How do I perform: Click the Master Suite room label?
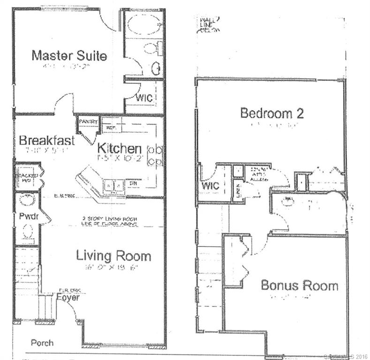pos(69,55)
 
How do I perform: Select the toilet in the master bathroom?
pos(151,49)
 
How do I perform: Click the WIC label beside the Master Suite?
pos(142,98)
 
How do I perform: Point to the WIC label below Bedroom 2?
pos(210,186)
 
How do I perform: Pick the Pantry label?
pos(88,122)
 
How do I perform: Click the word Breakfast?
pos(47,141)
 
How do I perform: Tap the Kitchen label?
pos(119,149)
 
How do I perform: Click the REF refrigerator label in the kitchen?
pos(111,127)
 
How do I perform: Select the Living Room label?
pos(113,256)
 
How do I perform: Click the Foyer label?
pos(68,297)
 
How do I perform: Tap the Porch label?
pos(42,343)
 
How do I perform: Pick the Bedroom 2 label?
pos(272,113)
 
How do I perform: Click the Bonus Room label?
pos(299,285)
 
